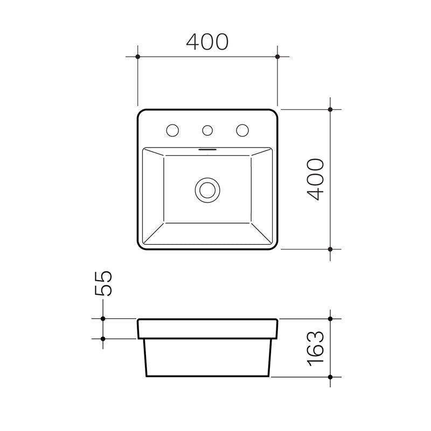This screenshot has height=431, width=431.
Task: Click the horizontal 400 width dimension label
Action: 207,42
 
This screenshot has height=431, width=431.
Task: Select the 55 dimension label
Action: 103,283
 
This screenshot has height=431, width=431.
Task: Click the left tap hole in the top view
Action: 173,130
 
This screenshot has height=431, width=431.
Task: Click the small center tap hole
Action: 207,130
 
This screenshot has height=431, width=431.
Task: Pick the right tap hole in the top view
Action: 242,130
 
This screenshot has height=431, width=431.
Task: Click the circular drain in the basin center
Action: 207,189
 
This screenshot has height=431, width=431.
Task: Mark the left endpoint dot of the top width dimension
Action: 138,56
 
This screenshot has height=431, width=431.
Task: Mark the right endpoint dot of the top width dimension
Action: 277,56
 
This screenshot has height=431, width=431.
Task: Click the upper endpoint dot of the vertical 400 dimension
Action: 331,109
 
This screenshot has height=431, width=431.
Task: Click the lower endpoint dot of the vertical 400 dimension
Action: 331,249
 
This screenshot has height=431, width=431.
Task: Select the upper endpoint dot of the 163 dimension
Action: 331,318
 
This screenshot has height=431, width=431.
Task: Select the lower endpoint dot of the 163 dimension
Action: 331,376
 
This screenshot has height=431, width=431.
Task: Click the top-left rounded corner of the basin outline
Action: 141,113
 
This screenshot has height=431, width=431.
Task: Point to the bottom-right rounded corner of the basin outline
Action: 275,246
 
